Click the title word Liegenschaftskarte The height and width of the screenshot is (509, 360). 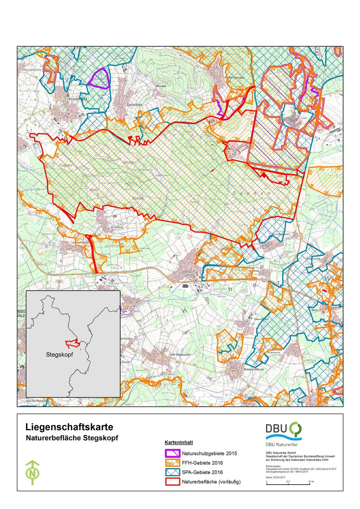(69, 427)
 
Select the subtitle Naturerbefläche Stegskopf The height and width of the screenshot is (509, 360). (72, 438)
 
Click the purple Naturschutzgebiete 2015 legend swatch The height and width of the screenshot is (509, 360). (172, 453)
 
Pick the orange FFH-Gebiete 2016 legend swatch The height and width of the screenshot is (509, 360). (172, 463)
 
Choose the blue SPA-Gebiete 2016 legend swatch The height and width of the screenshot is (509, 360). (172, 472)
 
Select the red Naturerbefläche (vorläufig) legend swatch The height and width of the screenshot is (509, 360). (172, 482)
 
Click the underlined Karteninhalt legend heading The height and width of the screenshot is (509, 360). (179, 442)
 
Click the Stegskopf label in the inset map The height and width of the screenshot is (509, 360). (60, 354)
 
